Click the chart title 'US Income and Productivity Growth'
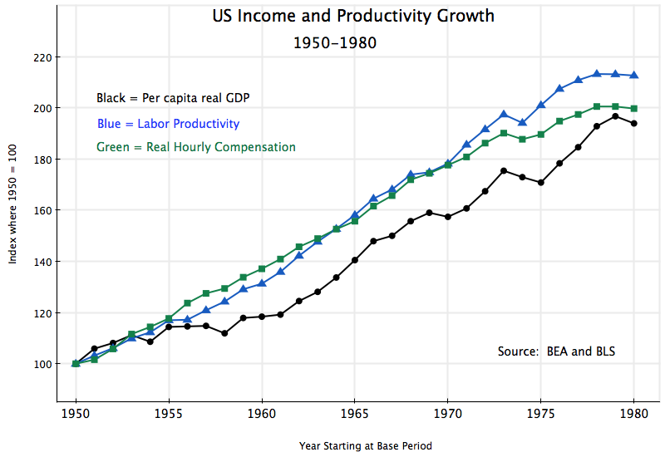(x=352, y=16)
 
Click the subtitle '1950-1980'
(x=335, y=42)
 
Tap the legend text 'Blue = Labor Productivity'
(x=168, y=124)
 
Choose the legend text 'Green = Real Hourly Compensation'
(x=196, y=147)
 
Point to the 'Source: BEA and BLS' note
(x=556, y=351)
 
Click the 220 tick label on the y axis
(x=42, y=57)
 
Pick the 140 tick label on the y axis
(x=42, y=262)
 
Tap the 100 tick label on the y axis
(x=42, y=364)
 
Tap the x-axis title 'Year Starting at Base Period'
(x=366, y=446)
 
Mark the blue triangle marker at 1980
(x=634, y=75)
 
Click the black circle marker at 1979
(x=615, y=116)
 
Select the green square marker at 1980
(x=634, y=108)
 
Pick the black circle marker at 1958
(x=224, y=333)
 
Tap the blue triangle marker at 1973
(x=504, y=114)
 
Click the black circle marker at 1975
(x=541, y=182)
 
